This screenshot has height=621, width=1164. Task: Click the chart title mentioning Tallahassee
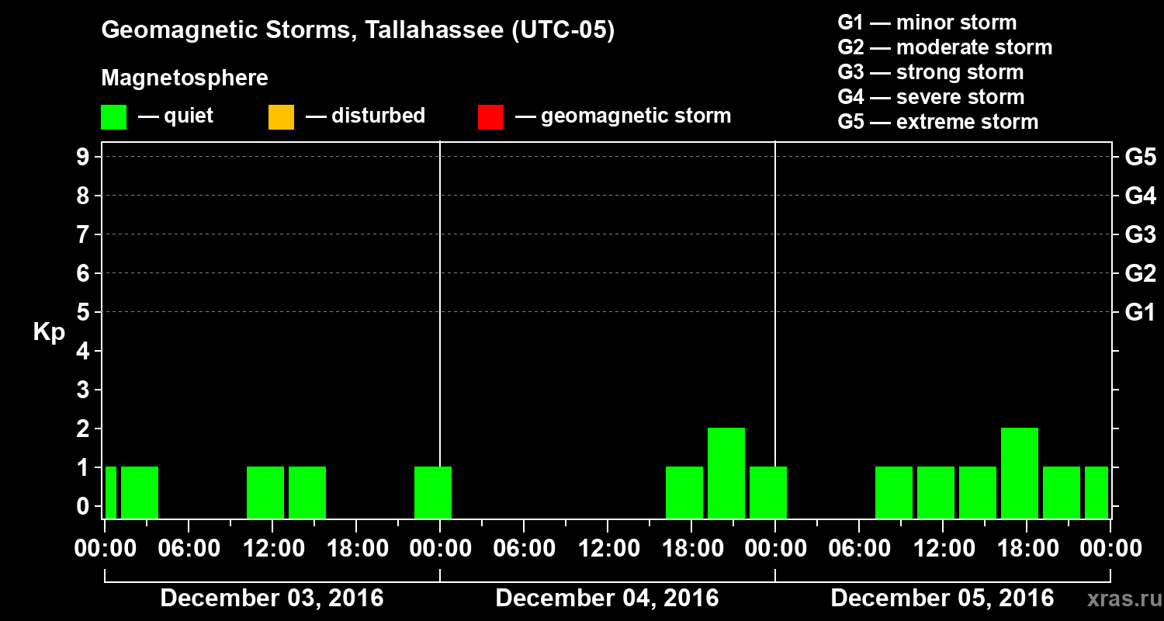tap(358, 31)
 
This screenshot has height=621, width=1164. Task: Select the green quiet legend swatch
tap(113, 117)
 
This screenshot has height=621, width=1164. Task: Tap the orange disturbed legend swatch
tap(281, 117)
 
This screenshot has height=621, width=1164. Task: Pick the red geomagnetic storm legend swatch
tap(490, 117)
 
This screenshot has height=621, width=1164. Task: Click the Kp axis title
tap(49, 332)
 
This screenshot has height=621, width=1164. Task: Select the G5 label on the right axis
tap(1139, 157)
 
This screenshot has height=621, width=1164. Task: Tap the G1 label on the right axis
tap(1139, 312)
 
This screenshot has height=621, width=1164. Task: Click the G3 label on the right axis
tap(1139, 234)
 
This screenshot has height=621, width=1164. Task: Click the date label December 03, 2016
tap(272, 598)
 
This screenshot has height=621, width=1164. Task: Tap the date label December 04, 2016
tap(607, 598)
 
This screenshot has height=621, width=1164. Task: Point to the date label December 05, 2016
tap(942, 598)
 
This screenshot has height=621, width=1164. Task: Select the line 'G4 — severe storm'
tap(930, 97)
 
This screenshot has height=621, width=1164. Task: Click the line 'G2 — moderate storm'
tap(944, 47)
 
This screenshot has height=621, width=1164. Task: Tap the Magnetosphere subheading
tap(185, 78)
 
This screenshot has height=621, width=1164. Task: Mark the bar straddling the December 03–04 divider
tap(433, 491)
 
